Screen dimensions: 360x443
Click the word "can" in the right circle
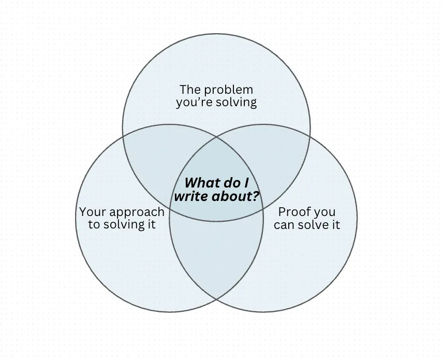(x=284, y=224)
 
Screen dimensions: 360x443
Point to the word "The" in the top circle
(x=190, y=89)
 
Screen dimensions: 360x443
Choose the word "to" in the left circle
(x=94, y=224)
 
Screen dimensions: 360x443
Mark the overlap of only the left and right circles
(x=217, y=259)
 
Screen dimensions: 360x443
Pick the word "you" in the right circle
(x=324, y=211)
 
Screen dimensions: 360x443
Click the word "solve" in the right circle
(x=314, y=224)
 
